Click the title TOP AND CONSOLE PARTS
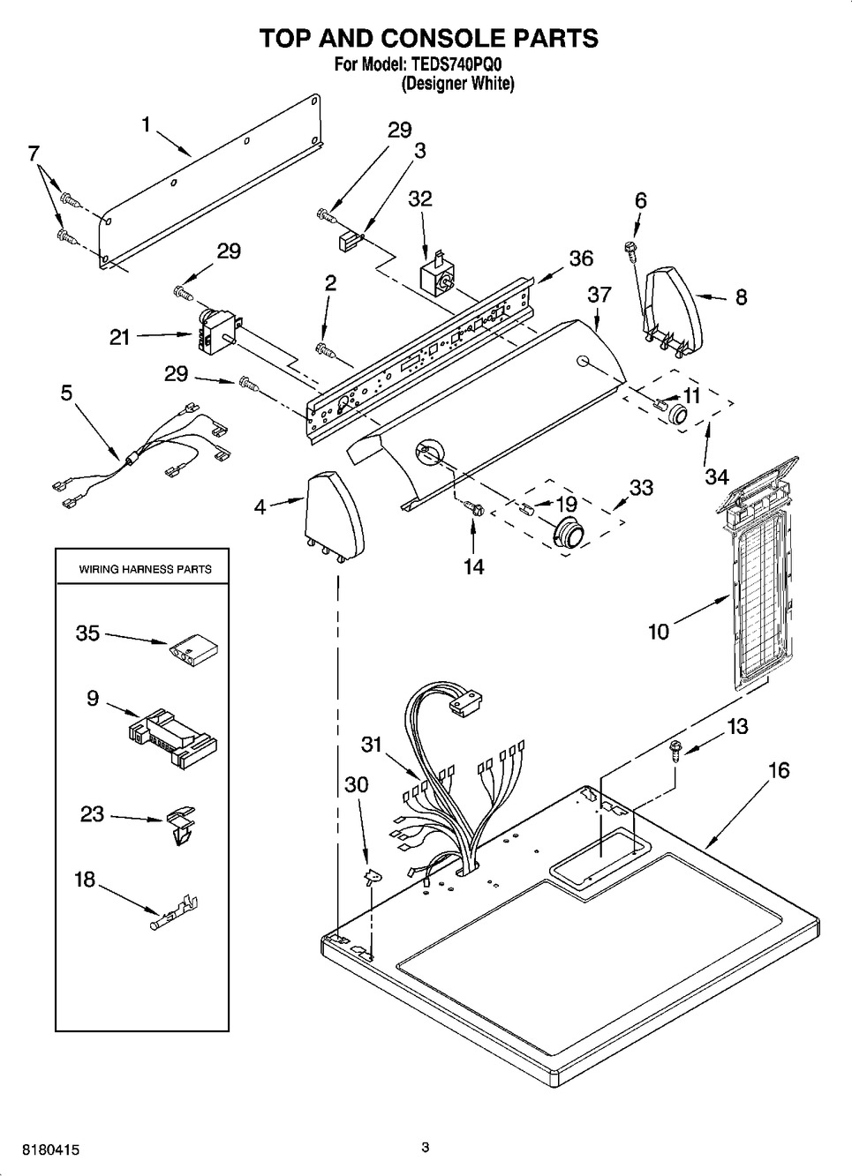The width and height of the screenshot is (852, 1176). click(x=427, y=38)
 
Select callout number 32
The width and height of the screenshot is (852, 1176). click(x=420, y=198)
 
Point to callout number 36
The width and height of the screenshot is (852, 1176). click(x=580, y=258)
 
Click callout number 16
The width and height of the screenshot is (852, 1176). click(x=778, y=770)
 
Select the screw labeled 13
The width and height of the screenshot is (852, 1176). click(x=675, y=750)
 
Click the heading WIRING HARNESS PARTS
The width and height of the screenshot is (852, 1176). click(x=146, y=569)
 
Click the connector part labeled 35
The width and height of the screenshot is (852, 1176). click(x=192, y=650)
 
